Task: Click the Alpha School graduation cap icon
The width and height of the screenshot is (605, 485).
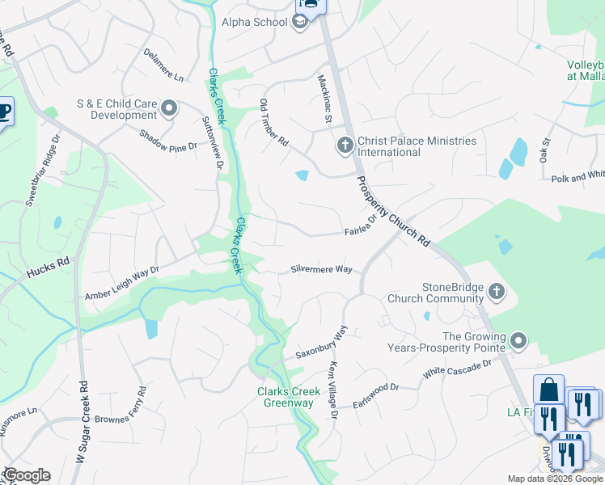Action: (300, 22)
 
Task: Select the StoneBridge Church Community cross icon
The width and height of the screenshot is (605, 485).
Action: (497, 291)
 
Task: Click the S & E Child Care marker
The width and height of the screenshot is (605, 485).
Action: (169, 108)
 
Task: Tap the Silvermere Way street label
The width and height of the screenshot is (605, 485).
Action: (321, 269)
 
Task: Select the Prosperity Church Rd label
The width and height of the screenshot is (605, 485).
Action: (392, 211)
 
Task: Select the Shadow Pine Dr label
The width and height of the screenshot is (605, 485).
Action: (168, 141)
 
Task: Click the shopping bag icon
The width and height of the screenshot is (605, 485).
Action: (548, 390)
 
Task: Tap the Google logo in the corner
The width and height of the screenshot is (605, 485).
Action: (26, 475)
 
